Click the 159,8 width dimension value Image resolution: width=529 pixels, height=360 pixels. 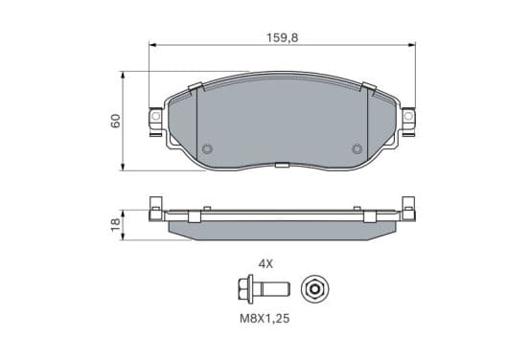pyautogui.click(x=283, y=37)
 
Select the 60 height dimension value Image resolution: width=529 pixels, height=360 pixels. pyautogui.click(x=115, y=121)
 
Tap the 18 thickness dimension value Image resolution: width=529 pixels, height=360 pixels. pyautogui.click(x=115, y=224)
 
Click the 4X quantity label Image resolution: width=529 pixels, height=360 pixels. pyautogui.click(x=265, y=264)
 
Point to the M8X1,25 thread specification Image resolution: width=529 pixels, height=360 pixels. pyautogui.click(x=264, y=319)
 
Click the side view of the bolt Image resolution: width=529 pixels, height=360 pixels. pyautogui.click(x=264, y=289)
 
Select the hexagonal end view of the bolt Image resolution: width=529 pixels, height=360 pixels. pyautogui.click(x=315, y=289)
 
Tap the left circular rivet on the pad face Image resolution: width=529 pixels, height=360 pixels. pyautogui.click(x=207, y=148)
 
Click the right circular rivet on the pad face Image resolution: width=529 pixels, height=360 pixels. pyautogui.click(x=356, y=148)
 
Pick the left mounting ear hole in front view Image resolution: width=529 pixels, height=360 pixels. pyautogui.click(x=155, y=116)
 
